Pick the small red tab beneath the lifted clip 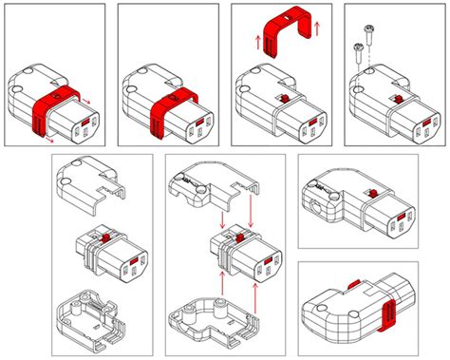pyautogui.click(x=282, y=100)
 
